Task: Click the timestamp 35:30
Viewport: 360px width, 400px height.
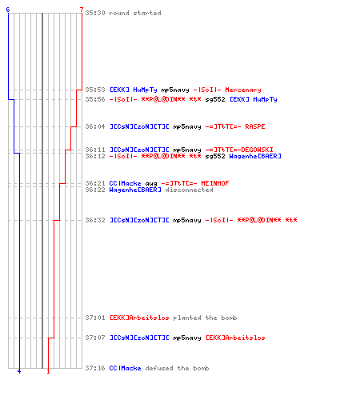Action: tap(95, 13)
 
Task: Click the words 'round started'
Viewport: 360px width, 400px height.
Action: tap(135, 13)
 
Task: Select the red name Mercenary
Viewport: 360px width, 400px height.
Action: tap(243, 90)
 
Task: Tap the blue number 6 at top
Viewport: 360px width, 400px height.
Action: tap(8, 10)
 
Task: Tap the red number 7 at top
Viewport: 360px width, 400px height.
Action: tap(82, 10)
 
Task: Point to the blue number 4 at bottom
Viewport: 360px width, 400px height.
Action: tap(19, 371)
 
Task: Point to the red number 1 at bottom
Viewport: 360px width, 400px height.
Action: tap(48, 371)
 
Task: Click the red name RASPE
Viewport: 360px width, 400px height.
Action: tap(255, 126)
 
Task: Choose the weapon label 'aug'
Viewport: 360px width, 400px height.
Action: tap(151, 184)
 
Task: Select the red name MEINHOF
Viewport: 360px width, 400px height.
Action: tap(215, 183)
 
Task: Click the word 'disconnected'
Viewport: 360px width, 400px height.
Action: tap(189, 190)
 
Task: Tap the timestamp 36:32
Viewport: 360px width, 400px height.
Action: tap(95, 220)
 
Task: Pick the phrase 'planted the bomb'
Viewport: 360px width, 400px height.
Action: tap(205, 318)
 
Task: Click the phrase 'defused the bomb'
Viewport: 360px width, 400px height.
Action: tap(177, 368)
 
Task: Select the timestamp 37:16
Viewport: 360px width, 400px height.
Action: tap(95, 368)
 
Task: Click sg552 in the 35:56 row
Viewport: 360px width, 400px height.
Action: tap(215, 100)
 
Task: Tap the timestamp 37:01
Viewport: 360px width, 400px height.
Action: tap(95, 318)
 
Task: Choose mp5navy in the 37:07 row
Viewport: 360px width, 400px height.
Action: tap(187, 338)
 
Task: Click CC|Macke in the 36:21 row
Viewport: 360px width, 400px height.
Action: tap(125, 183)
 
